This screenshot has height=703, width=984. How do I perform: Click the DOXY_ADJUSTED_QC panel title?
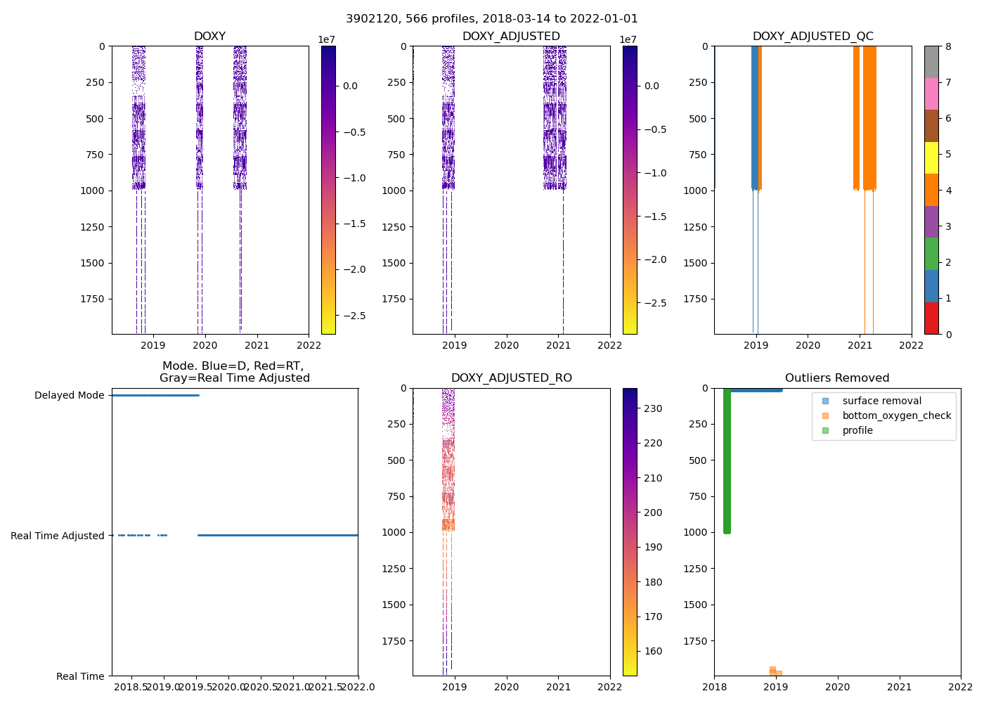click(813, 37)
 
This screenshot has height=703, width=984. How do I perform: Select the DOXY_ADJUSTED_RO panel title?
click(511, 378)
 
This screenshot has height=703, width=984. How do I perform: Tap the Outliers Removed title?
click(836, 378)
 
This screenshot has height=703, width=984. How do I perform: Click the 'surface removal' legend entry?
click(881, 401)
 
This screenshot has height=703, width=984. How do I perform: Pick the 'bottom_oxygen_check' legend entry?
click(896, 415)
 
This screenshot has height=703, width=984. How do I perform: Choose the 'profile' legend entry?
click(857, 430)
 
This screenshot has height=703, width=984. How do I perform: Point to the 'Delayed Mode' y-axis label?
click(69, 396)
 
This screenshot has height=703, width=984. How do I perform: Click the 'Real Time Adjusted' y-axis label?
click(58, 536)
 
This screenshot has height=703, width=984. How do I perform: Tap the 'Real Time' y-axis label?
click(80, 676)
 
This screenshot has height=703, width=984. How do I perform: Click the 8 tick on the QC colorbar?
click(948, 46)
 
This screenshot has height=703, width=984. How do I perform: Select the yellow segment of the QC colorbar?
click(931, 158)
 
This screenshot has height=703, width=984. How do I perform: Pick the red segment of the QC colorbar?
click(931, 318)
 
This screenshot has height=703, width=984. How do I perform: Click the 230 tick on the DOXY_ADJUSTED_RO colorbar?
click(653, 408)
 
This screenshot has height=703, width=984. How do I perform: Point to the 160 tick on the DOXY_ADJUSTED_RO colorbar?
click(653, 651)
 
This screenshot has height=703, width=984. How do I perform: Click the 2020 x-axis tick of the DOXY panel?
click(205, 345)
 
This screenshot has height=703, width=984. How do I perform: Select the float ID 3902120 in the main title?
click(368, 19)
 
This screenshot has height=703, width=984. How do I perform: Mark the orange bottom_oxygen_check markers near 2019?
click(775, 672)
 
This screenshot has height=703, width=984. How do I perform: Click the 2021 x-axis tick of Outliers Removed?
click(899, 687)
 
